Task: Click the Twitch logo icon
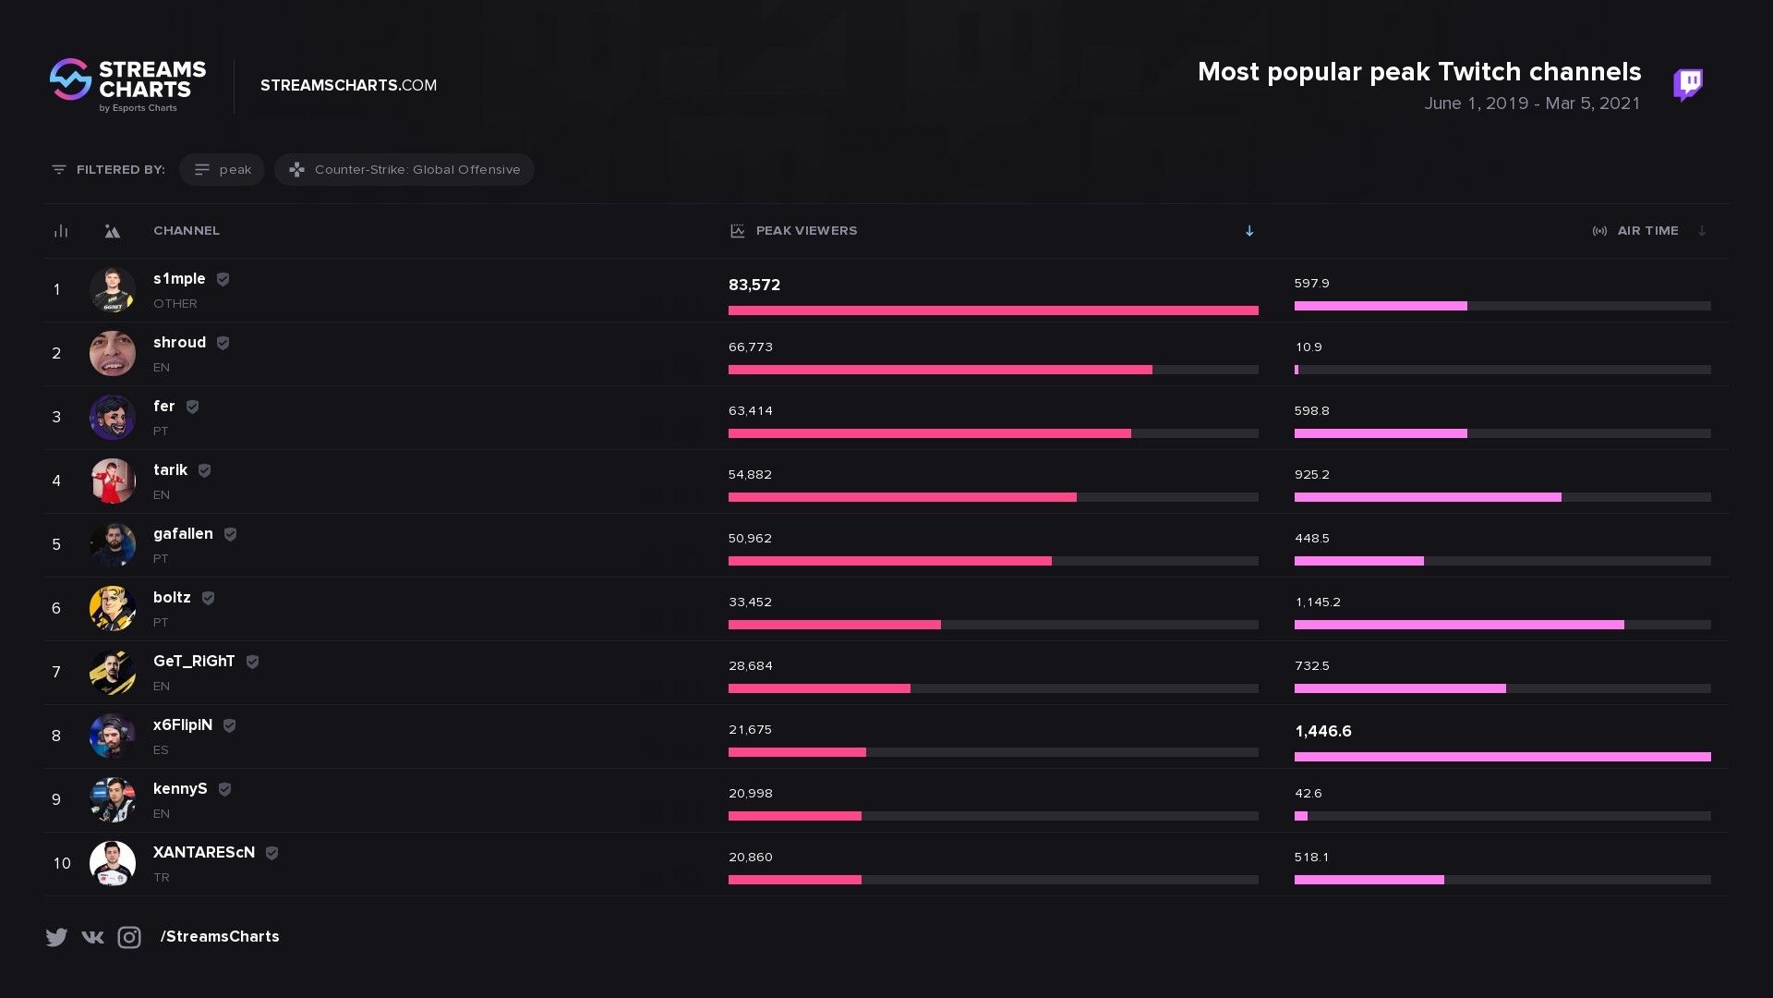(x=1687, y=84)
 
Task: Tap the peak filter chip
(x=222, y=170)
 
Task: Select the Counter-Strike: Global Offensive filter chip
(x=404, y=170)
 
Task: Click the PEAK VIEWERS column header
(x=805, y=231)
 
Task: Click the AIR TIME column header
(x=1646, y=231)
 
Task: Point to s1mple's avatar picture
(x=113, y=290)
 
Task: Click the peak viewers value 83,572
(x=754, y=286)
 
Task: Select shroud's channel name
(x=179, y=343)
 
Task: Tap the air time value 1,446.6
(x=1322, y=732)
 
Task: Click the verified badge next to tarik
(x=205, y=470)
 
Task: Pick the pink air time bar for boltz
(x=1458, y=626)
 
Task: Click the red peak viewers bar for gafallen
(x=889, y=562)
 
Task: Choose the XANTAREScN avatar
(x=113, y=864)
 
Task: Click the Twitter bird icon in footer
(x=56, y=937)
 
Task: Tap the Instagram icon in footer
(x=129, y=937)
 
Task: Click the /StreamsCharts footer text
(x=220, y=937)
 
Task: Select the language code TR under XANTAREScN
(x=162, y=878)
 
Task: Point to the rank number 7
(x=56, y=673)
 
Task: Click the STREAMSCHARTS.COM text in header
(x=348, y=85)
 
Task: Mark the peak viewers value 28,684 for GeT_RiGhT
(x=750, y=666)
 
